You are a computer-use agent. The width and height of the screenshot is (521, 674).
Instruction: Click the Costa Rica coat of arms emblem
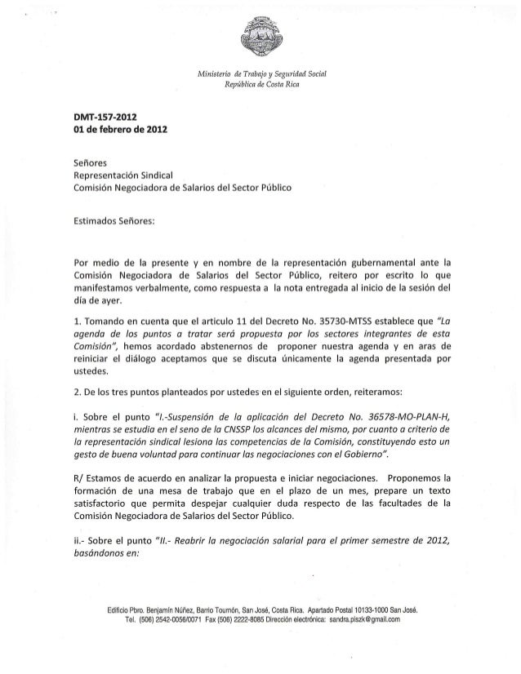click(260, 38)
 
